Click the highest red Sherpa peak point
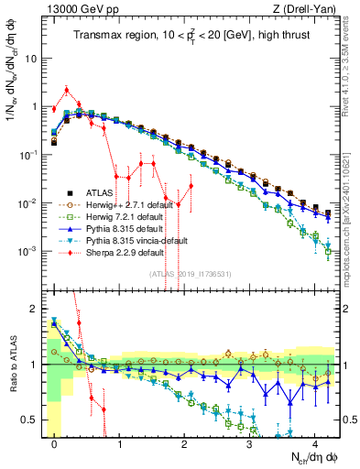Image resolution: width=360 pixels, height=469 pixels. pos(67,90)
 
